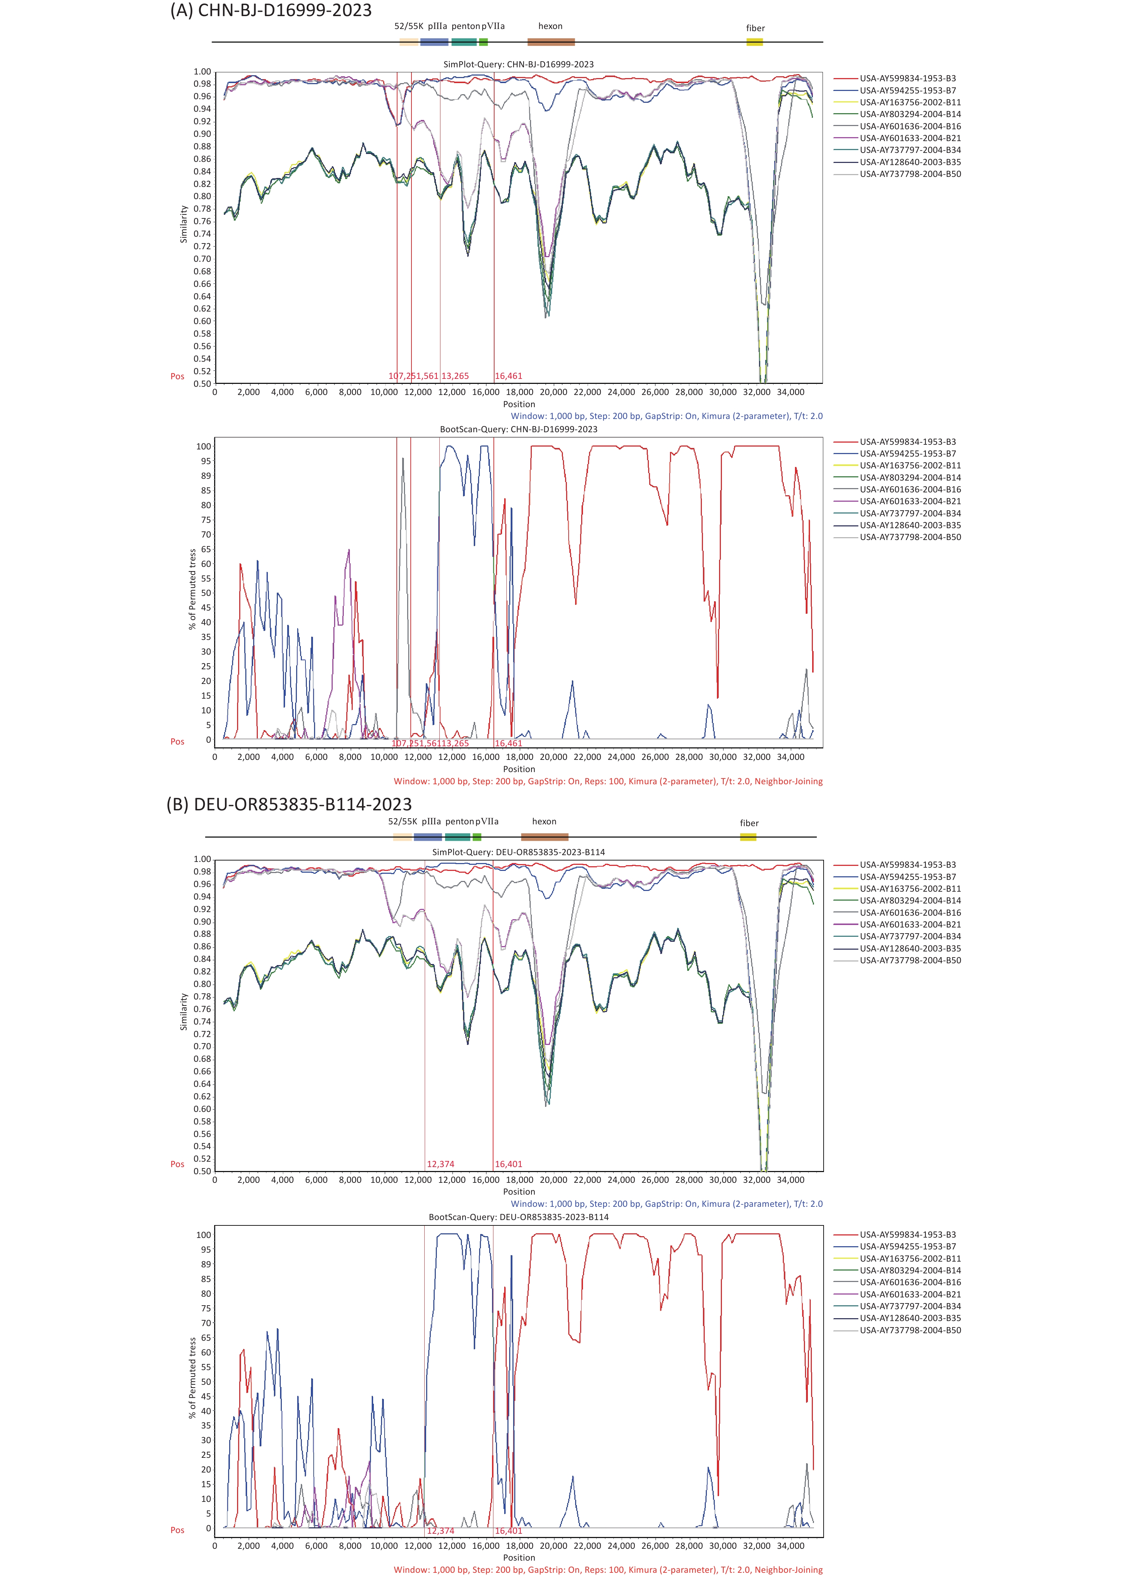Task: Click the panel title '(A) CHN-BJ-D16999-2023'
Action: point(271,10)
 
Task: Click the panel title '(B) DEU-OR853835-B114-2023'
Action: point(289,804)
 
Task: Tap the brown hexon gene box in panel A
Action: point(551,42)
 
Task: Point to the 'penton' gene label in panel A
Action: point(466,26)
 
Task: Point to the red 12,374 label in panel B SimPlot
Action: point(440,1164)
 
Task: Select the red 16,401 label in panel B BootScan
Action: point(508,1531)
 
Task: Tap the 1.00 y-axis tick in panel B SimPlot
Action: point(202,859)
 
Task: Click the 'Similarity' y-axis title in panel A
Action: point(184,224)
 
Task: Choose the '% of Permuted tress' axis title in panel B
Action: point(192,1379)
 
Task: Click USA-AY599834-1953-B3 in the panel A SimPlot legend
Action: point(907,78)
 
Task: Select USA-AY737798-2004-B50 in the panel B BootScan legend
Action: point(910,1330)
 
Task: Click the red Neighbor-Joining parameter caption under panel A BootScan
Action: point(608,781)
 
